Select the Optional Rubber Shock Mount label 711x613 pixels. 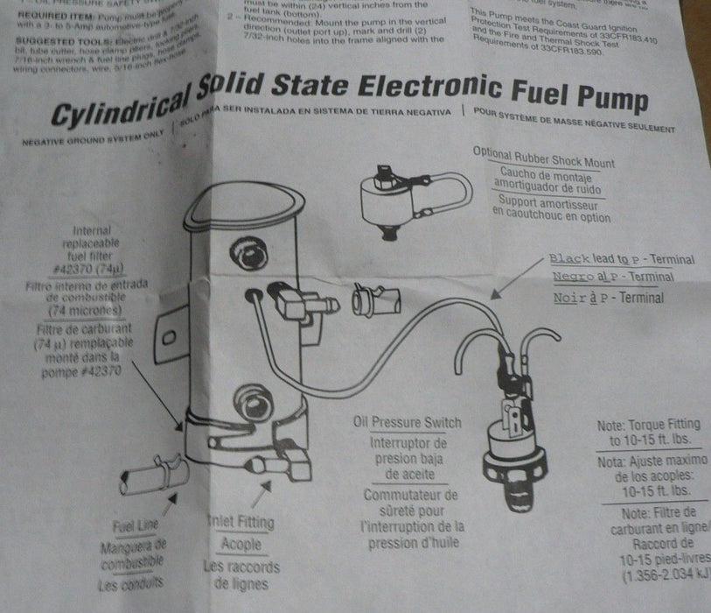tap(543, 159)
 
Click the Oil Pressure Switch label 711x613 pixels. tap(407, 423)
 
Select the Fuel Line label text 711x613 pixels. tap(136, 526)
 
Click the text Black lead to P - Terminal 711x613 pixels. tap(623, 259)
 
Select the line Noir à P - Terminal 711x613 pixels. tap(609, 298)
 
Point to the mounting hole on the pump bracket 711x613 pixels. tap(172, 336)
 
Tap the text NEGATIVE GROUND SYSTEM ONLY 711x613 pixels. tap(92, 138)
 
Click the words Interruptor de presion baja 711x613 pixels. tap(405, 451)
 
